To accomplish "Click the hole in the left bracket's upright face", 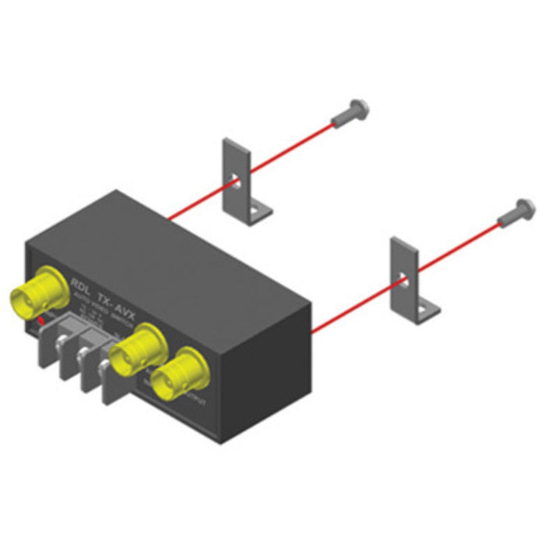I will (x=235, y=181).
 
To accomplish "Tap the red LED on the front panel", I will (x=40, y=321).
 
